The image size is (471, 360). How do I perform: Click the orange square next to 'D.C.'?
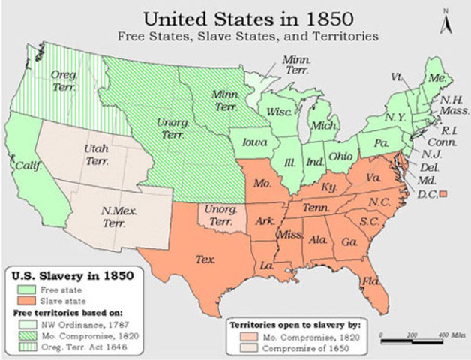point(443,194)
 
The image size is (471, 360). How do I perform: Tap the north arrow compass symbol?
point(446,22)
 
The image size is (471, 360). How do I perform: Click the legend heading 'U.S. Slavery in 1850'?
point(73,274)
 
